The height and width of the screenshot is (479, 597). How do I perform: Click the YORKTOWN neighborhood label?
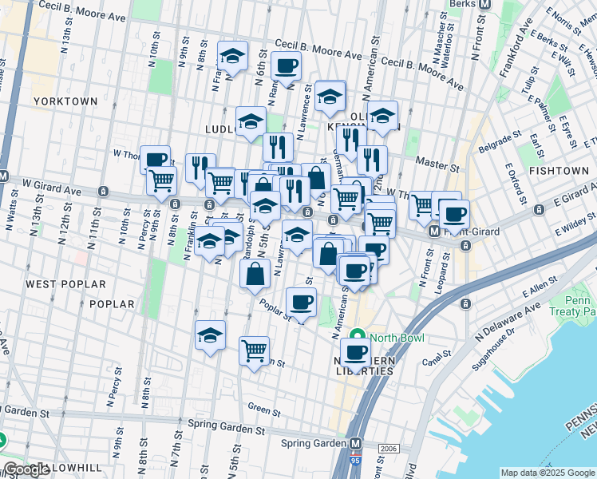[x=65, y=101]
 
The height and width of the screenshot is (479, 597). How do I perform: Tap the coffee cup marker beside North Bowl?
[x=355, y=352]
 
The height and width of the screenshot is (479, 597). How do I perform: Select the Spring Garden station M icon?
[x=356, y=443]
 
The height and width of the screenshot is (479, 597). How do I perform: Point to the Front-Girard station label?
[x=471, y=232]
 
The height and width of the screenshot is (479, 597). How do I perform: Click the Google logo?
[x=26, y=469]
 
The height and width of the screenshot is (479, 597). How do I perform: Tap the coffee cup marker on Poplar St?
[x=301, y=303]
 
